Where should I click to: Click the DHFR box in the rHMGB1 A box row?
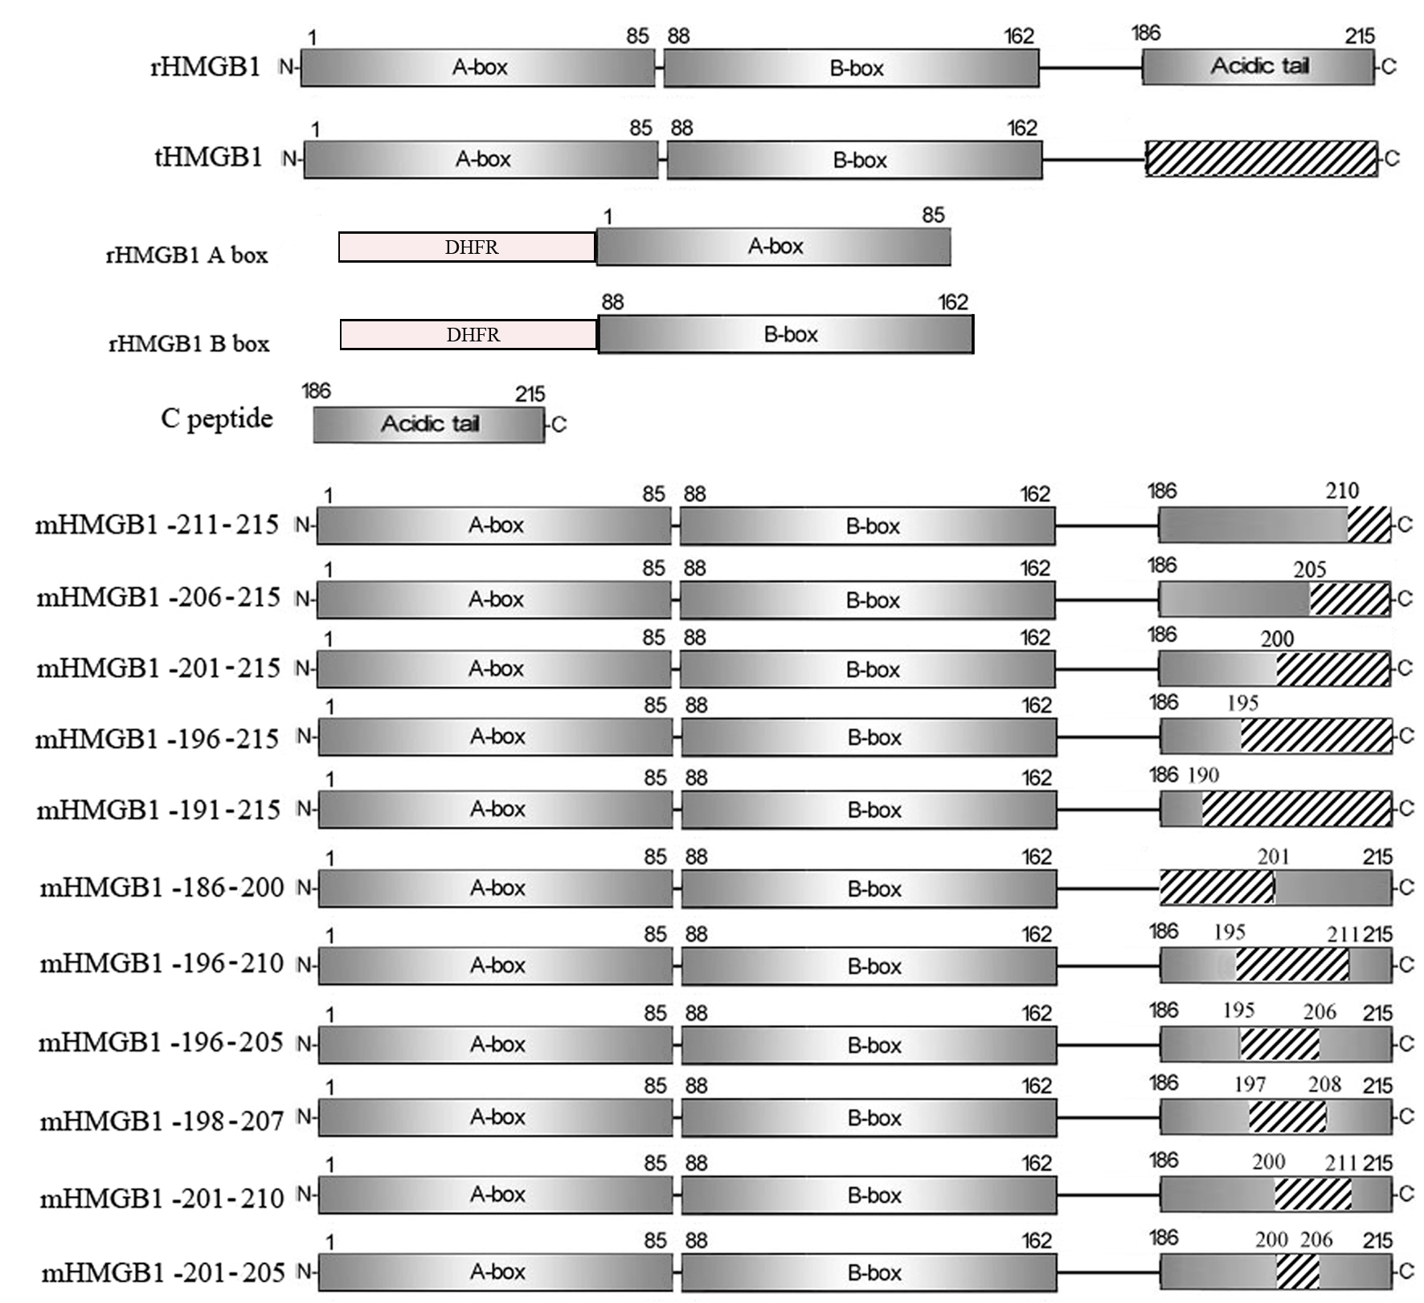click(467, 247)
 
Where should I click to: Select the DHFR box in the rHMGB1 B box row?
click(469, 334)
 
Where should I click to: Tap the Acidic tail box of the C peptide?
click(429, 424)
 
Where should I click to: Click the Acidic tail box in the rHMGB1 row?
click(1258, 66)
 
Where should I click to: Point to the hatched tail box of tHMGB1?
click(1262, 158)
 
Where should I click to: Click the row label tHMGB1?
click(208, 157)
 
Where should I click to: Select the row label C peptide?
click(217, 419)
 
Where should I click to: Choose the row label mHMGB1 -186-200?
click(162, 888)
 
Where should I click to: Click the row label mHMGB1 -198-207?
click(162, 1121)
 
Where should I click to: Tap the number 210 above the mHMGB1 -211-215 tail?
click(1342, 491)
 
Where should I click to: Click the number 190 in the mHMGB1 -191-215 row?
click(1203, 775)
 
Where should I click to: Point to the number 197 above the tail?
click(1250, 1084)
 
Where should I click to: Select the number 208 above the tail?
click(1324, 1084)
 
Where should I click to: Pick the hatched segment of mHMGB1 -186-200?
click(1217, 887)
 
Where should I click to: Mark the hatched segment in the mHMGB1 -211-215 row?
click(1369, 525)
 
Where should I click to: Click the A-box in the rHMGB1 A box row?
click(774, 247)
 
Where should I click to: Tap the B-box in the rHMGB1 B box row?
click(786, 334)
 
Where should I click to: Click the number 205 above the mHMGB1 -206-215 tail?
click(1310, 570)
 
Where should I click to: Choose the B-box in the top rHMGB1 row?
click(852, 67)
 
